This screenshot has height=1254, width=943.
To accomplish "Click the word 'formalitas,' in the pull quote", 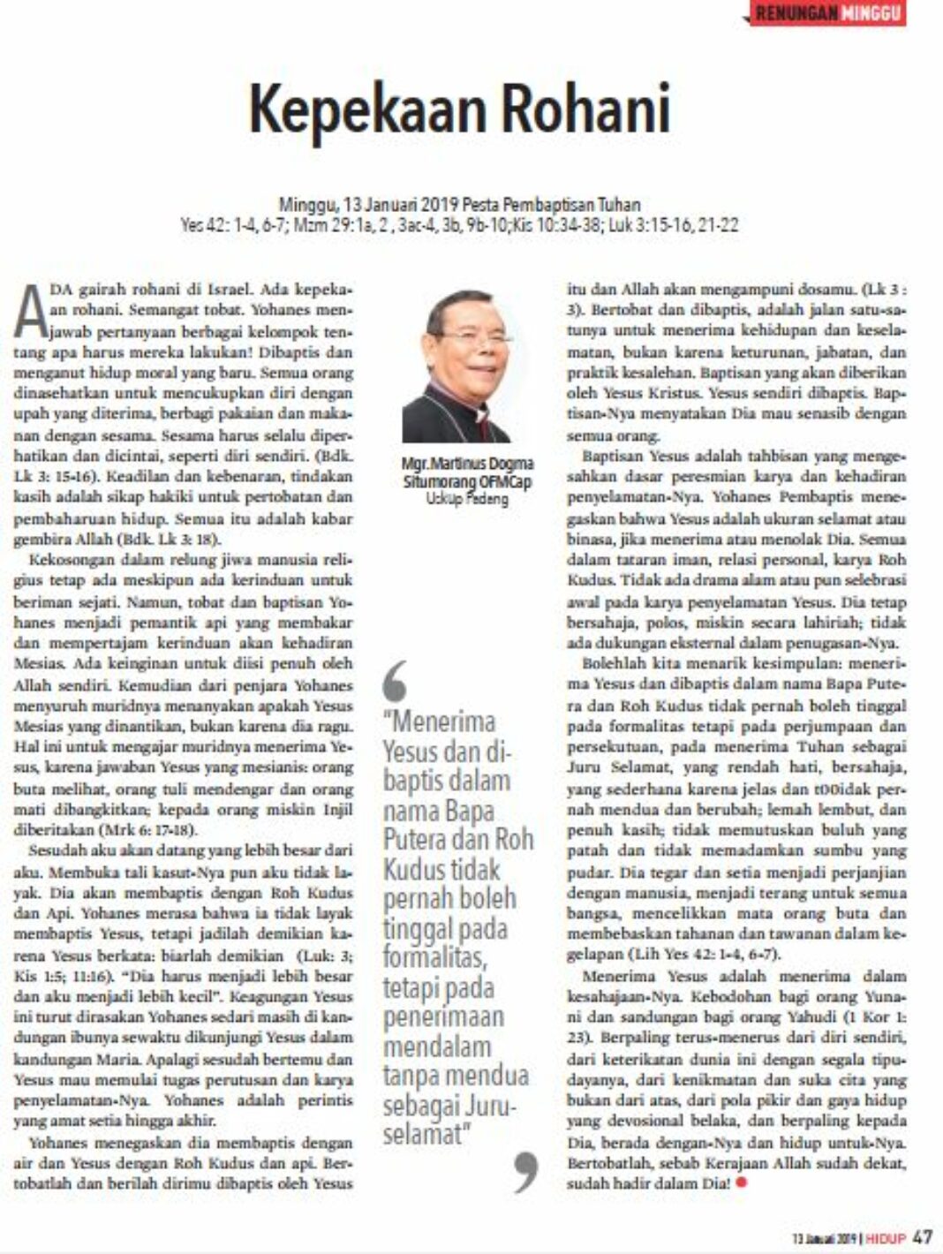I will [x=434, y=957].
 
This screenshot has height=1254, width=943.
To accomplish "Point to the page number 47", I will [x=922, y=1236].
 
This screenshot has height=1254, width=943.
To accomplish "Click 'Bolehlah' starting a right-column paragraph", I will [x=610, y=663].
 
